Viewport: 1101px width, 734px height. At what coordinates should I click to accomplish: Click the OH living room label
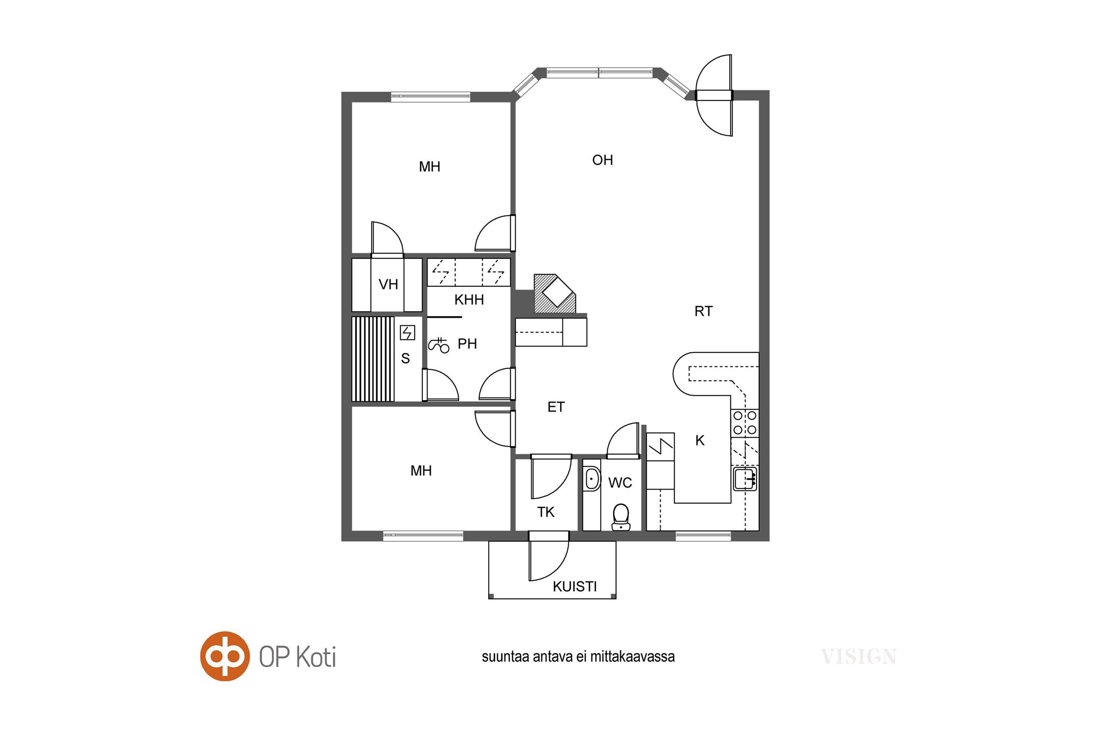click(x=602, y=160)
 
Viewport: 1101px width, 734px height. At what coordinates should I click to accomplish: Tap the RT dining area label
click(x=703, y=311)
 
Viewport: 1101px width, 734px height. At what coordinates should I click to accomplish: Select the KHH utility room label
click(x=469, y=300)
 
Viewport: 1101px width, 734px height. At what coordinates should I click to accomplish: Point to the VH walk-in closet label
click(x=388, y=284)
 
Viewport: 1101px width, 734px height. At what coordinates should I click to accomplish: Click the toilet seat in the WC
click(x=621, y=517)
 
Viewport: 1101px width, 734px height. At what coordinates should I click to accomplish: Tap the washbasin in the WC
click(x=592, y=479)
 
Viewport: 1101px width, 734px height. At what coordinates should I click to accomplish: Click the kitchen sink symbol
click(x=745, y=478)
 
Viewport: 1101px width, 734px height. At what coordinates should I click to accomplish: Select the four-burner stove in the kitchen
click(x=745, y=423)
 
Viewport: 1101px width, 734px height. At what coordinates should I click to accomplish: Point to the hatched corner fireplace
click(x=555, y=294)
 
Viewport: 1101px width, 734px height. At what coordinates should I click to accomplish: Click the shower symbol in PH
click(x=439, y=345)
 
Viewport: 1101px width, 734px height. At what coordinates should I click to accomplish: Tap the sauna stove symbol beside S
click(x=407, y=333)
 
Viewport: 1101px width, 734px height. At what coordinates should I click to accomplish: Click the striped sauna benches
click(x=373, y=359)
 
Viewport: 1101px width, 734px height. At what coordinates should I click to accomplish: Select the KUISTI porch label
click(x=574, y=587)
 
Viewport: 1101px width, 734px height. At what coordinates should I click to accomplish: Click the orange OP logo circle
click(x=225, y=656)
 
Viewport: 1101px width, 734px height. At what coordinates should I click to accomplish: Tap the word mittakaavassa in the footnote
click(x=632, y=657)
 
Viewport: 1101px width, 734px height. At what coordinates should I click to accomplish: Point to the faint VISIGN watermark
click(x=858, y=657)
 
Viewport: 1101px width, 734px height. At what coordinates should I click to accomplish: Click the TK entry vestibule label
click(x=545, y=512)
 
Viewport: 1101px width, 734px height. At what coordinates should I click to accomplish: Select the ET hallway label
click(x=556, y=407)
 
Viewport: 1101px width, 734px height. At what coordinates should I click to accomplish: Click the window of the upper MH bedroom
click(x=431, y=97)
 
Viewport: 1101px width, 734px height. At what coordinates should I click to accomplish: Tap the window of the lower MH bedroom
click(x=423, y=536)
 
